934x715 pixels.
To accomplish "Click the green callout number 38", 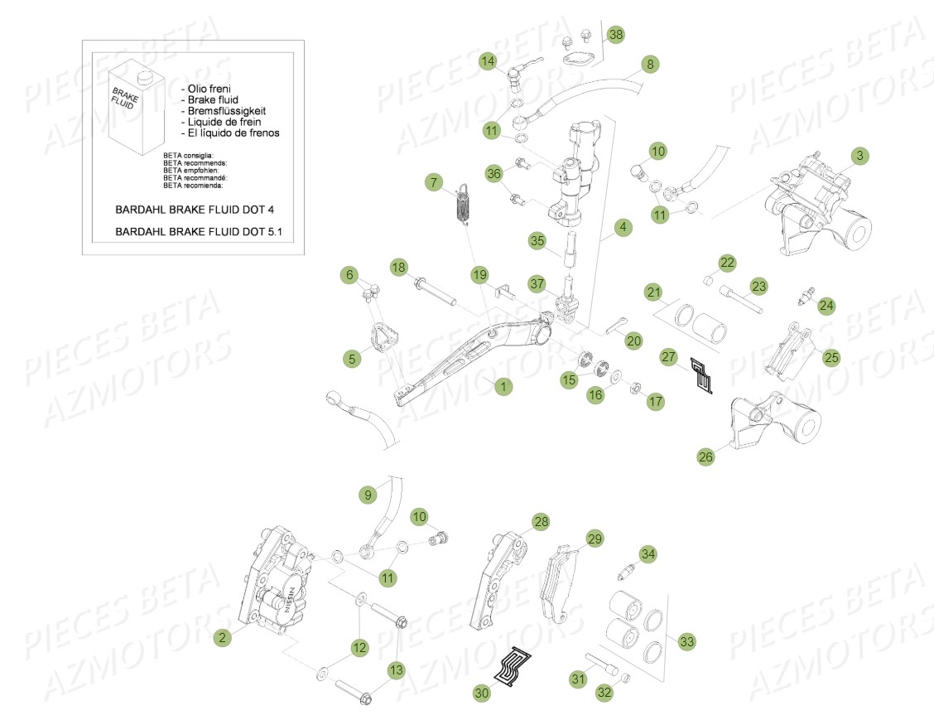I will click(x=615, y=34).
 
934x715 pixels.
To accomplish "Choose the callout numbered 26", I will click(x=705, y=456).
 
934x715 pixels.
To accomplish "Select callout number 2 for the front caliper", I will click(x=221, y=637).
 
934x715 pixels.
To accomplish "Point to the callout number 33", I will click(x=686, y=640).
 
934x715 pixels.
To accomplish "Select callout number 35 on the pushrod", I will click(x=537, y=241).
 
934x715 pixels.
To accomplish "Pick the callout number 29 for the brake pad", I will click(x=594, y=539).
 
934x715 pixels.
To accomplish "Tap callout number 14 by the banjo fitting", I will click(x=488, y=60).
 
